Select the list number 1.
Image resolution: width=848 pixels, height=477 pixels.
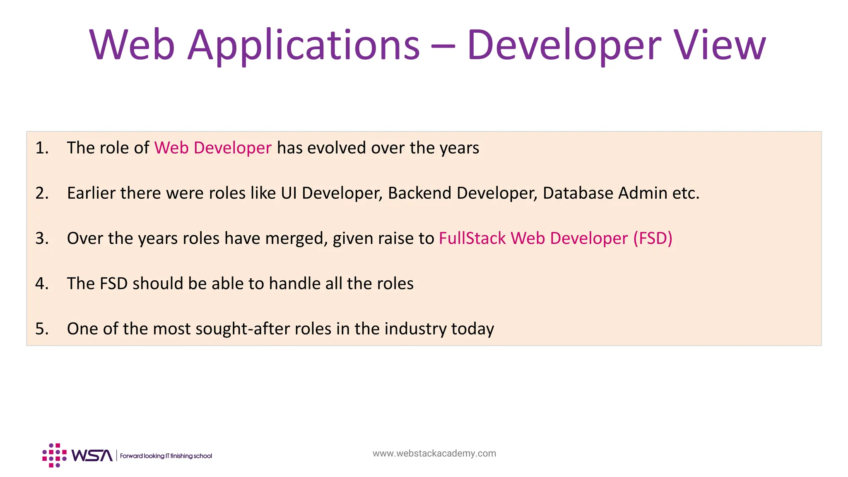point(42,148)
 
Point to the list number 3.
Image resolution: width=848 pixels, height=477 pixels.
point(42,238)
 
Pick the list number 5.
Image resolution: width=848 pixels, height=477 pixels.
point(42,329)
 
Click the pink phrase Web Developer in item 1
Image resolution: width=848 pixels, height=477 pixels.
point(213,148)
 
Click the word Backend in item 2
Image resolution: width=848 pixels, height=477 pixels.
point(419,193)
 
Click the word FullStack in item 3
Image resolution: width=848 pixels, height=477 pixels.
point(472,238)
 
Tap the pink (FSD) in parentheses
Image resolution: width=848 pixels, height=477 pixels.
point(653,238)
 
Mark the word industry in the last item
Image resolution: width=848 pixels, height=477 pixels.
point(415,329)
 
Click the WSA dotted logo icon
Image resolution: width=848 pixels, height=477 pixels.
point(54,455)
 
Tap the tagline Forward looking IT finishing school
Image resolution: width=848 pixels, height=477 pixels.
point(166,456)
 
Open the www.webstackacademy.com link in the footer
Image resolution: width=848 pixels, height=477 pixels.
point(434,453)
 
